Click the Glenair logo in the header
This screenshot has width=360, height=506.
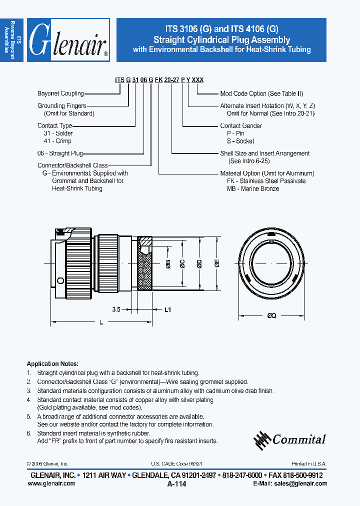coord(68,40)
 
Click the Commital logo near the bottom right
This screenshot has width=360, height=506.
coord(289,439)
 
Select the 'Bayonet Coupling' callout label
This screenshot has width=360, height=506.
coord(60,93)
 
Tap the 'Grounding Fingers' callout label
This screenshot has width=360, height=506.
coord(62,105)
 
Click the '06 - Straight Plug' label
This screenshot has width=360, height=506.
coord(60,153)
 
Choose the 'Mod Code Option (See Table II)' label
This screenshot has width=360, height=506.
coord(261,93)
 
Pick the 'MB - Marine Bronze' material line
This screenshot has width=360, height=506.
coord(252,188)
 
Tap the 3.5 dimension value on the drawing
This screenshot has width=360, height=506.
coord(116,310)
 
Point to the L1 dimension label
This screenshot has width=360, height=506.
coord(168,310)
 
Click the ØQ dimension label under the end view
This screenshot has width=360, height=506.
coord(272,315)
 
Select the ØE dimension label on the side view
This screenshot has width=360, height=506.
coord(217,264)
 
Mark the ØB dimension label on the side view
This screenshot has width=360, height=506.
coord(168,265)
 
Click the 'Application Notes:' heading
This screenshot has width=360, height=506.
coord(52,363)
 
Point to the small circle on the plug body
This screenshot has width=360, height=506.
coord(60,280)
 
